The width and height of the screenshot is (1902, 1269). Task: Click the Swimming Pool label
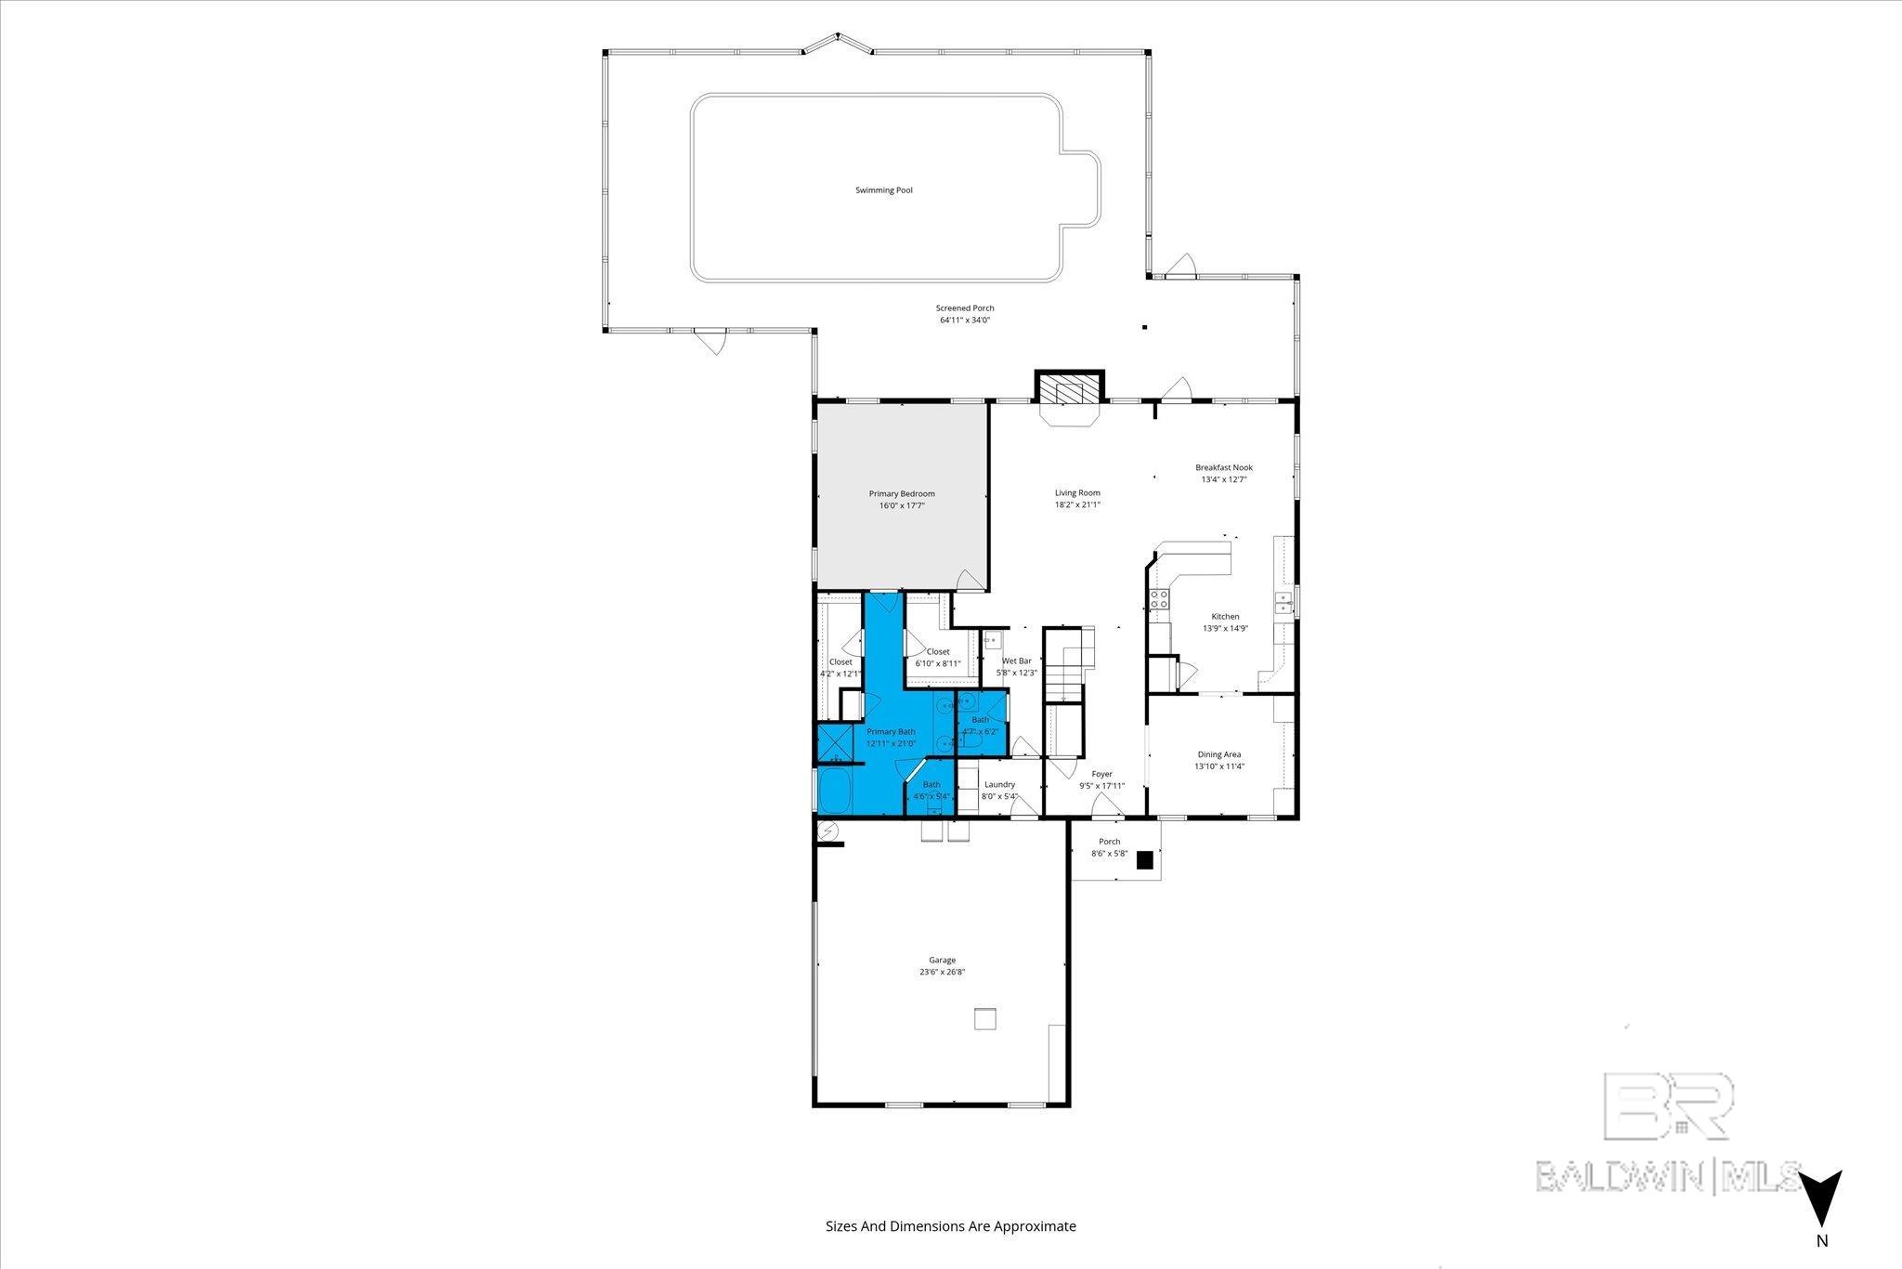883,190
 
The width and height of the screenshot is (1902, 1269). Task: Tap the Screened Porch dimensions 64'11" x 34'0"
964,321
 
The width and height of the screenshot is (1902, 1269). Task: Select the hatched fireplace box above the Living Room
1069,388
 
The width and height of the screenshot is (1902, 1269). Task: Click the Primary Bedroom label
901,493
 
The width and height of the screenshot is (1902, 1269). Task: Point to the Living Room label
1076,493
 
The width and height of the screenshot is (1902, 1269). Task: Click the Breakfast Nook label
1223,467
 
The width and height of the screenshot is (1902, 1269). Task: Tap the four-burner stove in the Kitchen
1159,599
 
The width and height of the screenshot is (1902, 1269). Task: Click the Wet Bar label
1016,661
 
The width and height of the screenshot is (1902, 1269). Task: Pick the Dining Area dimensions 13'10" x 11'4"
1218,766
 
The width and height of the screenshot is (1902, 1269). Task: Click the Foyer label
1101,774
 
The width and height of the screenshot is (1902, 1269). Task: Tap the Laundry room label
999,784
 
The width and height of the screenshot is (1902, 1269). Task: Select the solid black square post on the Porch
1146,859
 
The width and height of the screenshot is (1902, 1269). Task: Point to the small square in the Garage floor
984,1018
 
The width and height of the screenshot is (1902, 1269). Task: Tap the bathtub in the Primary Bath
840,791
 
